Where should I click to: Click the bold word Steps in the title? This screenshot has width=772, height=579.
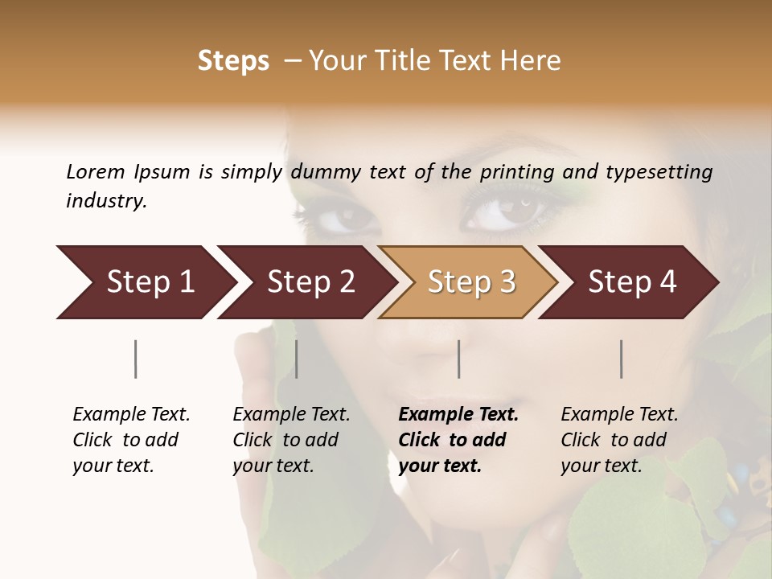[x=233, y=61]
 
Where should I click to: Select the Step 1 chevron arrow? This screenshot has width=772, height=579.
[x=145, y=282]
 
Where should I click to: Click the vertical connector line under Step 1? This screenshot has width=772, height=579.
[x=136, y=359]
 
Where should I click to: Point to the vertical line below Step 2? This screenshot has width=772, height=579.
[x=297, y=359]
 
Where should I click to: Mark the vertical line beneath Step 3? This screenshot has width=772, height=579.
[x=458, y=359]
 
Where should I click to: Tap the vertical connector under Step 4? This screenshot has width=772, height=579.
[x=622, y=359]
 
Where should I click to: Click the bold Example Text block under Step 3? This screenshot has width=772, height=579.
[x=458, y=440]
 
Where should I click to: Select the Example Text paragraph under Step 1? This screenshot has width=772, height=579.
[x=131, y=440]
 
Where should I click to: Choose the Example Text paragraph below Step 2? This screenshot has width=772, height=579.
[x=291, y=440]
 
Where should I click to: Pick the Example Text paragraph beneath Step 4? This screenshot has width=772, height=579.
[x=619, y=440]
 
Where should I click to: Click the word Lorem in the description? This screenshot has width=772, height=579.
[x=95, y=171]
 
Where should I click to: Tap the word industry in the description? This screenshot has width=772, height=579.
[x=106, y=201]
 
